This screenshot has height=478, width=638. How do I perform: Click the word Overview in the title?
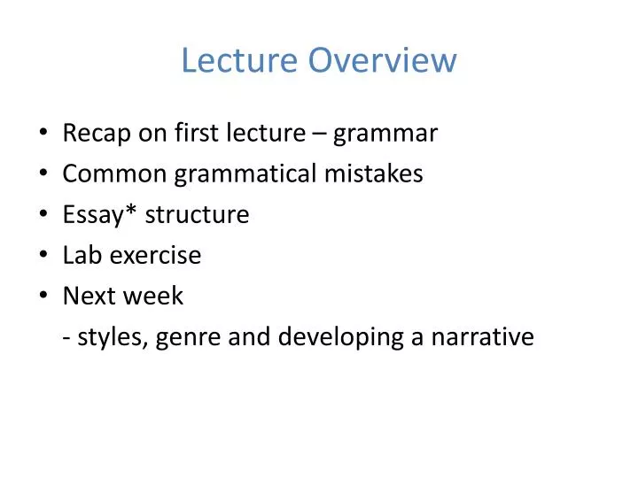(383, 61)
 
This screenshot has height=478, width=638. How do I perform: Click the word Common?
(114, 174)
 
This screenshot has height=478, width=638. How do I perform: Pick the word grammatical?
(244, 174)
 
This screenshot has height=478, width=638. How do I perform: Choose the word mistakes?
(372, 174)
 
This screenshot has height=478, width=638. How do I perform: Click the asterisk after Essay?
(119, 212)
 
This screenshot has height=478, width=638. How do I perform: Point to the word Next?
(86, 297)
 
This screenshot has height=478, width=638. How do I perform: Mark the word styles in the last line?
(112, 337)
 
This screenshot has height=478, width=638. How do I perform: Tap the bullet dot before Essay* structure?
(44, 216)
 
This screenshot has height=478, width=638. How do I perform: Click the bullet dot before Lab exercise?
(44, 257)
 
